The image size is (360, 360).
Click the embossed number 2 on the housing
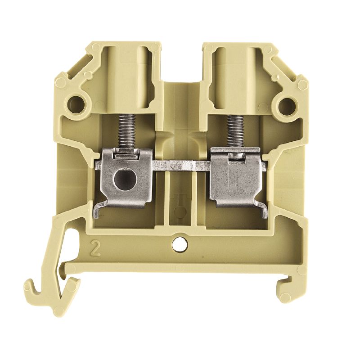tap(95, 248)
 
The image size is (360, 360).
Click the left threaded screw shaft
tap(126, 130)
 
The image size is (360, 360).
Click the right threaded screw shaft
tap(234, 130)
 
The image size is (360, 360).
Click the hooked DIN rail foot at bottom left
tap(49, 288)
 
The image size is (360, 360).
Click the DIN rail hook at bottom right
tap(288, 288)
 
